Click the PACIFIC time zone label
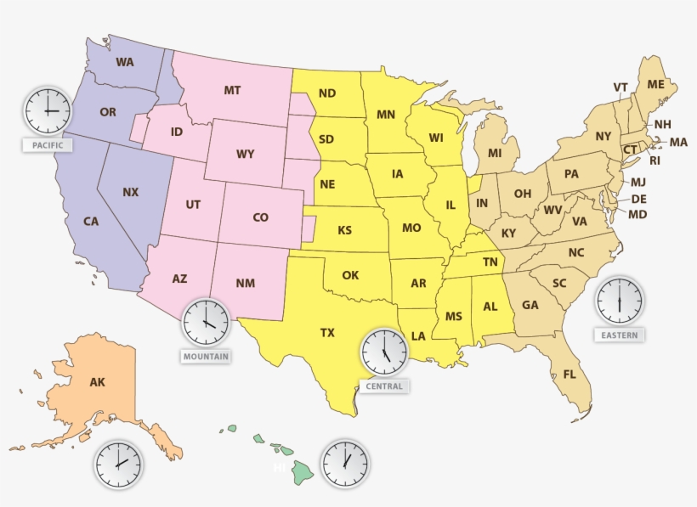(48, 145)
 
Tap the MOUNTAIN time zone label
(206, 357)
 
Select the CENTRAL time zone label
(384, 386)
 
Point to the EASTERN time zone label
(619, 335)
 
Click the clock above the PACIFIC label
(48, 110)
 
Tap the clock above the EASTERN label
(619, 300)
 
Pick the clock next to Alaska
(118, 465)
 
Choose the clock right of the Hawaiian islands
(344, 464)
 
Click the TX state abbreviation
(327, 333)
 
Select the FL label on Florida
(569, 374)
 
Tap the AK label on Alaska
(98, 382)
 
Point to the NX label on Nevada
(130, 193)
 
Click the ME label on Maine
(655, 84)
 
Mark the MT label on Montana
(232, 90)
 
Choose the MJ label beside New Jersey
(637, 183)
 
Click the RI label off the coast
(654, 160)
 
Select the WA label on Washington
(125, 62)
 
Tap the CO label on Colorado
(261, 218)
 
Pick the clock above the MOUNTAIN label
(206, 321)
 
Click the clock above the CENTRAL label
(384, 351)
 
